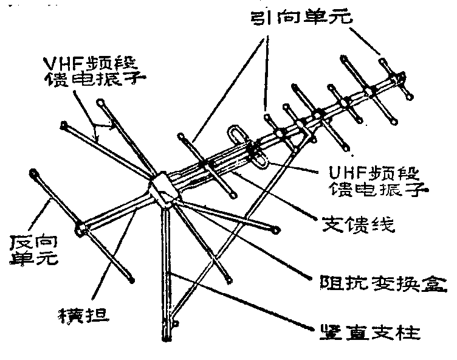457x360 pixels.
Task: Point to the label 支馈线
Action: pyautogui.click(x=357, y=226)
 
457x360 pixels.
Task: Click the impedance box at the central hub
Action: pyautogui.click(x=164, y=189)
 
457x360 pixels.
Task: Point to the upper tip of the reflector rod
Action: pyautogui.click(x=33, y=173)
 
